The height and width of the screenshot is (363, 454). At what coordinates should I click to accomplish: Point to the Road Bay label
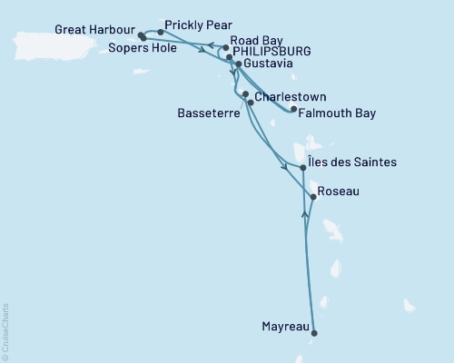point(258,40)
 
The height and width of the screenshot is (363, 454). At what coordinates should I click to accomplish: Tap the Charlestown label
point(291,96)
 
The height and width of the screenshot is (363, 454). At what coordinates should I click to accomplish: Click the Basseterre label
point(208,116)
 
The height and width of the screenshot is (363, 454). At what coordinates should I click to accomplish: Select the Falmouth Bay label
point(340,113)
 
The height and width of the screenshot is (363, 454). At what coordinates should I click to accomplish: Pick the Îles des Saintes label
point(353,162)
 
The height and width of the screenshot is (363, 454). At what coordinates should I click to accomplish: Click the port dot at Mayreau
point(315,333)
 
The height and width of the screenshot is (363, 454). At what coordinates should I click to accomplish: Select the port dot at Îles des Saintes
point(302,168)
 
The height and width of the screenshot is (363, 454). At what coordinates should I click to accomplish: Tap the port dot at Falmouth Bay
point(292,110)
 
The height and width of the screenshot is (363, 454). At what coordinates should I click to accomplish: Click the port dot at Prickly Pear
point(161,32)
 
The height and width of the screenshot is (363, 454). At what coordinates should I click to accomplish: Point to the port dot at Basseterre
point(251,103)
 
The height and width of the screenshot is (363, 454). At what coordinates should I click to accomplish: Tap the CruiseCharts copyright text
point(5,332)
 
